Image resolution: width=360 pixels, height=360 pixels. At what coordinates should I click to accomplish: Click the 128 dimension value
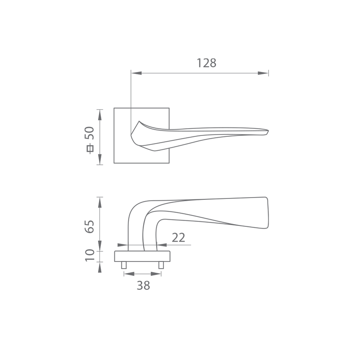207,63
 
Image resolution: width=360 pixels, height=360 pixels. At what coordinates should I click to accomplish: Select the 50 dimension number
90,133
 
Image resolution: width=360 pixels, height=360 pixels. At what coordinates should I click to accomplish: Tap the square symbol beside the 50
90,148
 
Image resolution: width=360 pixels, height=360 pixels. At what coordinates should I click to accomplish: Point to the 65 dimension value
90,227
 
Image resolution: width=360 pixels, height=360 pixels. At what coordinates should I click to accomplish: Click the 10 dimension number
90,255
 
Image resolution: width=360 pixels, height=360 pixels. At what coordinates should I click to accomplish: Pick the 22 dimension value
178,238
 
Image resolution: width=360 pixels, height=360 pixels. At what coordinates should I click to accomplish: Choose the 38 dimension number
143,285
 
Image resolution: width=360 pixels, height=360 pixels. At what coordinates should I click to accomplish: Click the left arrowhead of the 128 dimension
136,73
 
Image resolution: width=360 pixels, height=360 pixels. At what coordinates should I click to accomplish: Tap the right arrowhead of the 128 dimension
263,73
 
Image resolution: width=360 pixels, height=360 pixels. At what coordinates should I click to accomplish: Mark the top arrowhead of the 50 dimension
99,115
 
